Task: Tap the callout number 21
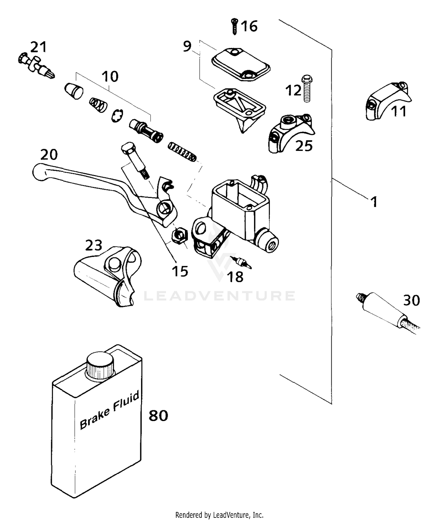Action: pyautogui.click(x=39, y=47)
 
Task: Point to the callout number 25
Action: pyautogui.click(x=304, y=145)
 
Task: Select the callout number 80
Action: pyautogui.click(x=158, y=415)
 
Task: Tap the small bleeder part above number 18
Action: pyautogui.click(x=241, y=262)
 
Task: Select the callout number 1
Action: pyautogui.click(x=374, y=202)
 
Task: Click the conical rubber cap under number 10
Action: pyautogui.click(x=73, y=91)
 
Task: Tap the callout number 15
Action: pyautogui.click(x=180, y=271)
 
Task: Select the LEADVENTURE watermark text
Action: pyautogui.click(x=220, y=296)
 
